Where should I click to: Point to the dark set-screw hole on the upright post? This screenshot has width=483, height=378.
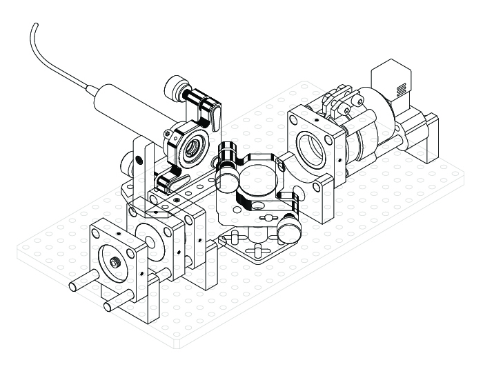[140, 160]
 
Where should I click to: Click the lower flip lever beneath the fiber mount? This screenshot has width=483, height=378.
[169, 181]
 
